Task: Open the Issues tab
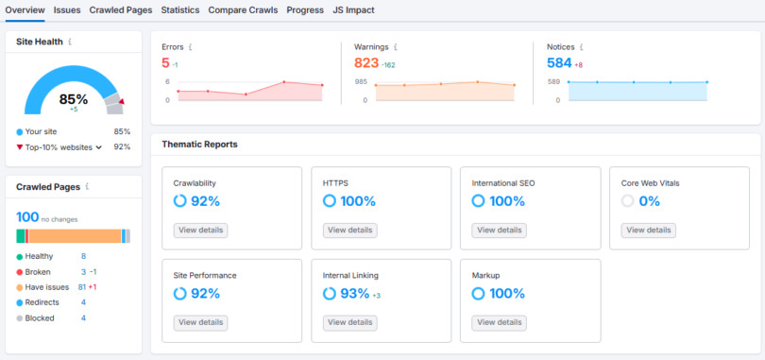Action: (x=67, y=9)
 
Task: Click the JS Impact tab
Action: (x=353, y=9)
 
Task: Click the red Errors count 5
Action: (x=165, y=62)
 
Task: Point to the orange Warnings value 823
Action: (x=365, y=62)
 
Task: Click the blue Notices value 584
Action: (x=559, y=62)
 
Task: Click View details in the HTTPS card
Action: (x=349, y=230)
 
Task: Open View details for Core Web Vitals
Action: (x=649, y=230)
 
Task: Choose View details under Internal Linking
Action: (x=349, y=322)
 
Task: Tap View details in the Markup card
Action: (x=499, y=322)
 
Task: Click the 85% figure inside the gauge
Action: (x=73, y=99)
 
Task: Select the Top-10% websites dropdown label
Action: (x=58, y=146)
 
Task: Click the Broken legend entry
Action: (x=38, y=271)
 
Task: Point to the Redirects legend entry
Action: (x=42, y=302)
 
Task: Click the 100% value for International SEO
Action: (x=506, y=201)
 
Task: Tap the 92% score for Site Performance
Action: (x=204, y=293)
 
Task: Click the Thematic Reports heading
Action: (x=199, y=145)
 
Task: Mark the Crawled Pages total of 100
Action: (x=27, y=217)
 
